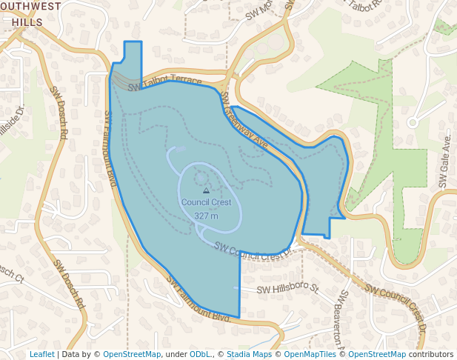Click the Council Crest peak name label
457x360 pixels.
(206, 202)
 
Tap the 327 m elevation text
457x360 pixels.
(206, 216)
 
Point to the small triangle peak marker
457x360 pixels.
(206, 190)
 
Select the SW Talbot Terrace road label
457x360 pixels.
(164, 82)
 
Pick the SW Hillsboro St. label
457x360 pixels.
(287, 288)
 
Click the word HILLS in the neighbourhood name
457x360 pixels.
(27, 22)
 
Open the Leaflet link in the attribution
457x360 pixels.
(41, 354)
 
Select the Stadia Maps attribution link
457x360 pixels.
(249, 354)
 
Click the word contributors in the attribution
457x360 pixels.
(431, 354)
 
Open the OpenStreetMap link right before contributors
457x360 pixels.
(377, 354)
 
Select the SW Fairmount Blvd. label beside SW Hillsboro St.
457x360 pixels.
(199, 299)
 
